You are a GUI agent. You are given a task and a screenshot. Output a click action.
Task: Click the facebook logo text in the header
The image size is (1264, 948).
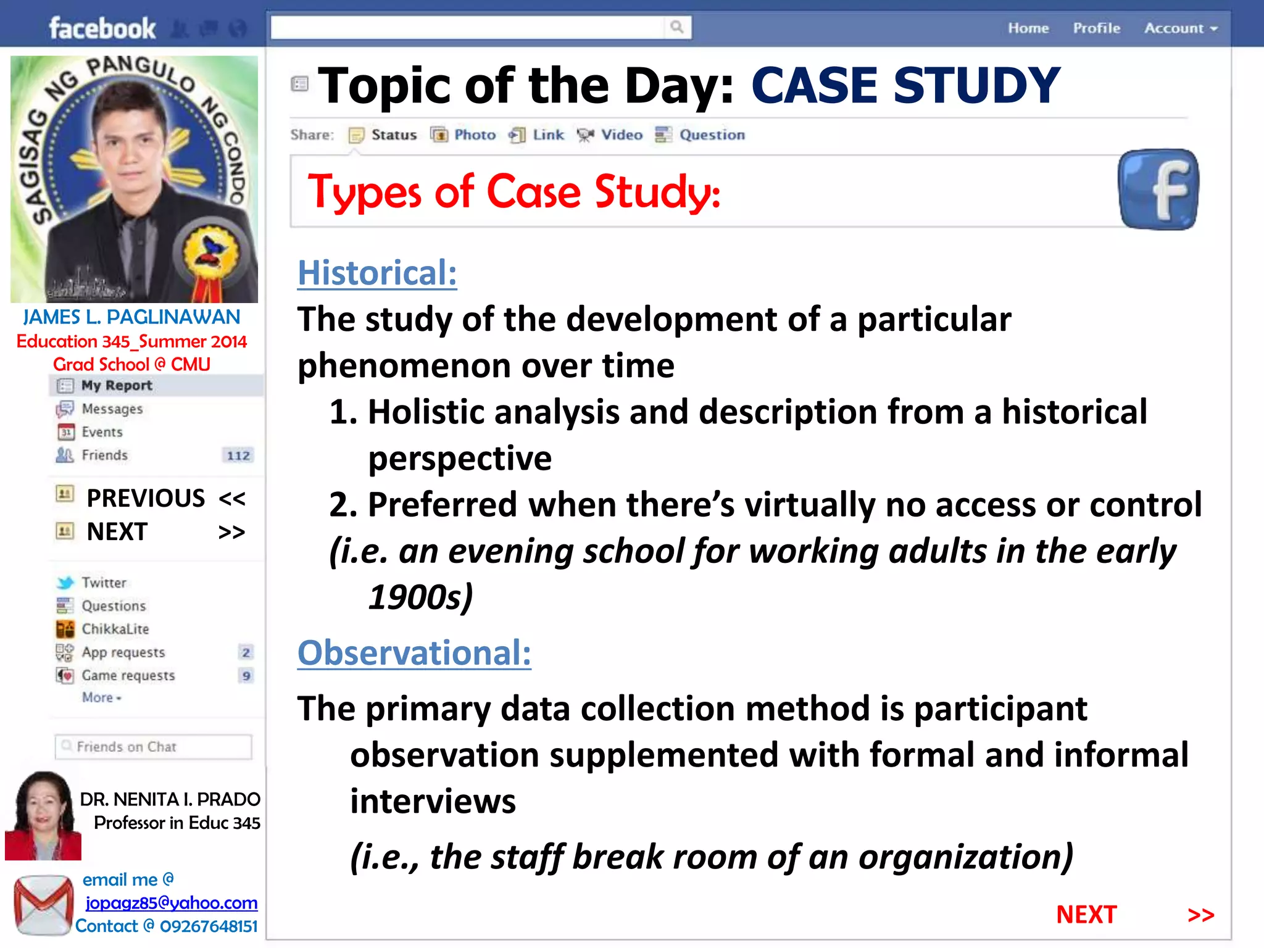point(102,28)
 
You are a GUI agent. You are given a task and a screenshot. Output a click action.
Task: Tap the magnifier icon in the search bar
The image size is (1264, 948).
point(677,27)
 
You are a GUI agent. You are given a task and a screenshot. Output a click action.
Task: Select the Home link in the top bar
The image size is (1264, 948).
point(1028,28)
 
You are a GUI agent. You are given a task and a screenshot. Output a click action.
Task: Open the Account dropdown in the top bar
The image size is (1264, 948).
point(1180,28)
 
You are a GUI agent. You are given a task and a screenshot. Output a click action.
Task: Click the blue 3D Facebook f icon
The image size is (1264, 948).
point(1158,189)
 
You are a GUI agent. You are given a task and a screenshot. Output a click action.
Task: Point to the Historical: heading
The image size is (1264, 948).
point(377,273)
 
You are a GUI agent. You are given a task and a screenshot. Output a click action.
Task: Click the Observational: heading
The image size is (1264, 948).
point(414,653)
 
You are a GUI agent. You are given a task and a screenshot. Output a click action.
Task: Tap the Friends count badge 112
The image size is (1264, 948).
point(238,455)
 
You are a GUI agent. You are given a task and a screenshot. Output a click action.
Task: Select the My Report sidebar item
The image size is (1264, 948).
point(116,386)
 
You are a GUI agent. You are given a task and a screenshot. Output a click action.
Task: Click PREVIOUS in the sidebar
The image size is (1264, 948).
point(146,498)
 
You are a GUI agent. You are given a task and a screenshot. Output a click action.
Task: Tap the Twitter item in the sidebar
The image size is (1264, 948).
point(103,583)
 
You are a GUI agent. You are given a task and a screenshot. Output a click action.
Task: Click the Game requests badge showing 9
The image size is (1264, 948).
point(246,676)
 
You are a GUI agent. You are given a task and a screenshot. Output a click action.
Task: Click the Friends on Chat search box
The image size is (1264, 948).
point(153,747)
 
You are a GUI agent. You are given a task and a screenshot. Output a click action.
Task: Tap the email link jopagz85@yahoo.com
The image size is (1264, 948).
point(171,903)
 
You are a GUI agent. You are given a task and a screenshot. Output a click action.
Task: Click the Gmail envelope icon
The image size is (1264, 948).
point(43,905)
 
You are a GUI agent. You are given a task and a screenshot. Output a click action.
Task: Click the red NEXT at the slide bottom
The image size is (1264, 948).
point(1086,915)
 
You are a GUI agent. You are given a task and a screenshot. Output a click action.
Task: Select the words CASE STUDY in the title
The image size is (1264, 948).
point(905,85)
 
